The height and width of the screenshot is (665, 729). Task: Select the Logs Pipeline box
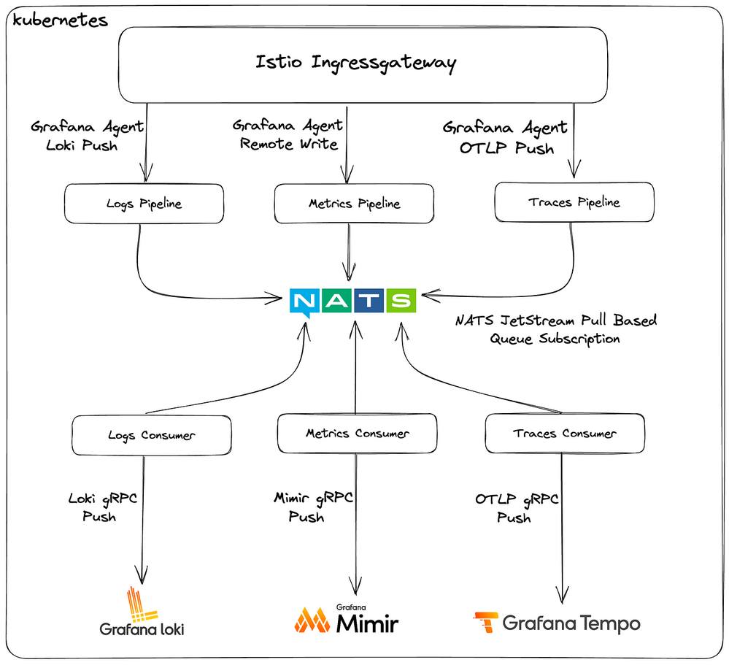(143, 204)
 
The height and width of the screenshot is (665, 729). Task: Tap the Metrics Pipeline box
(354, 204)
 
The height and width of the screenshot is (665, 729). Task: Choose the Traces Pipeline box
(574, 201)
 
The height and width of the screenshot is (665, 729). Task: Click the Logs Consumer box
(152, 436)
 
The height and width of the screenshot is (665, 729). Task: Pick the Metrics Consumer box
(357, 434)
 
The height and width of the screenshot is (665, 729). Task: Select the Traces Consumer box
(565, 434)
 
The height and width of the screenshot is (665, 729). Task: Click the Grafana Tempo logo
(557, 622)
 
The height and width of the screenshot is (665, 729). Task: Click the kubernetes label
(61, 20)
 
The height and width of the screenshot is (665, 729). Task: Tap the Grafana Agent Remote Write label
(288, 134)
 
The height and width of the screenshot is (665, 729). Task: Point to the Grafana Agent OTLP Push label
(505, 137)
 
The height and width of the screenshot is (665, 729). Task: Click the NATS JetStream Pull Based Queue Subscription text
(556, 329)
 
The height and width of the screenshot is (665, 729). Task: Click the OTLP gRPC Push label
(517, 508)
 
